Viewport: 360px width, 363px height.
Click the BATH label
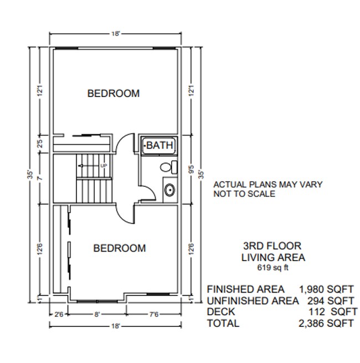[159, 145]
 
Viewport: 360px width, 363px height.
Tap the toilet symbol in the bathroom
[166, 167]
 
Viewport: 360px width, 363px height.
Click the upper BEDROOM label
[114, 93]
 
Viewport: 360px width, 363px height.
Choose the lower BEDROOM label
[120, 248]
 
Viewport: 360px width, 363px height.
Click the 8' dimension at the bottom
[97, 315]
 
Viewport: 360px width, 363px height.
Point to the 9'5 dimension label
[190, 168]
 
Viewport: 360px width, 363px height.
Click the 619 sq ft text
[273, 268]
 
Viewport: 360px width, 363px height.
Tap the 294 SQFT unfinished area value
[331, 300]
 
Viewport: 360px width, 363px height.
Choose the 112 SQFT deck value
[332, 311]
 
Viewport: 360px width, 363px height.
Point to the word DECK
[222, 311]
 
